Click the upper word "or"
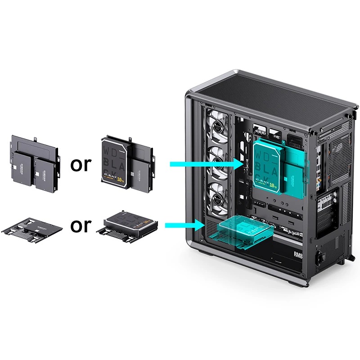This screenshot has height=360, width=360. [81, 165]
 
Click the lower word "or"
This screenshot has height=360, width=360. [81, 225]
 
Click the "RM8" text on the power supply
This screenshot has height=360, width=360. [298, 255]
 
